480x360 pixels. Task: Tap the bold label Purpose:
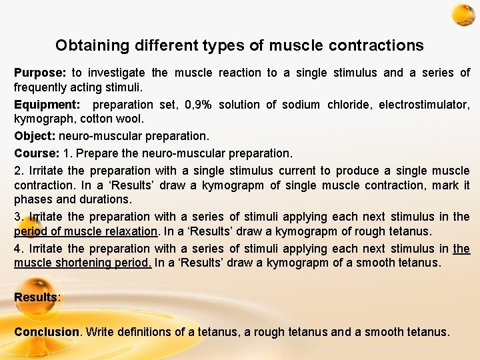(x=39, y=73)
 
